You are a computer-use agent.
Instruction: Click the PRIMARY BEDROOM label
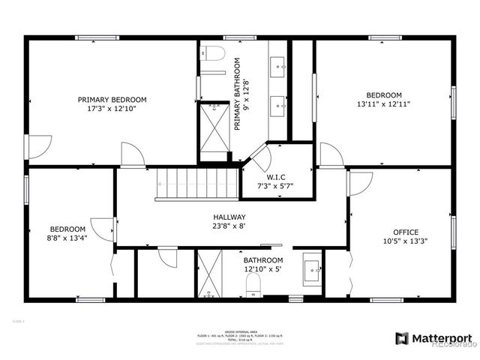pos(112,99)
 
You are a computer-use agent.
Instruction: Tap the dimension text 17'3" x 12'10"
pos(112,109)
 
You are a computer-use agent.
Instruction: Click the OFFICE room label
pos(406,232)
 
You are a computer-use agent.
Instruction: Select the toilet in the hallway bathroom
pos(253,284)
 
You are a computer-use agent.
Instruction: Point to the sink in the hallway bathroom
pos(312,268)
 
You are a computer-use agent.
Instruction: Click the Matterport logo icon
pos(402,338)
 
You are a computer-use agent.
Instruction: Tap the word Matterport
pos(443,338)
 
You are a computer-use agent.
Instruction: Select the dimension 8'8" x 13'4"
pos(67,239)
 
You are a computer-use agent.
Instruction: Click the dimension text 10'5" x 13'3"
pos(406,241)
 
